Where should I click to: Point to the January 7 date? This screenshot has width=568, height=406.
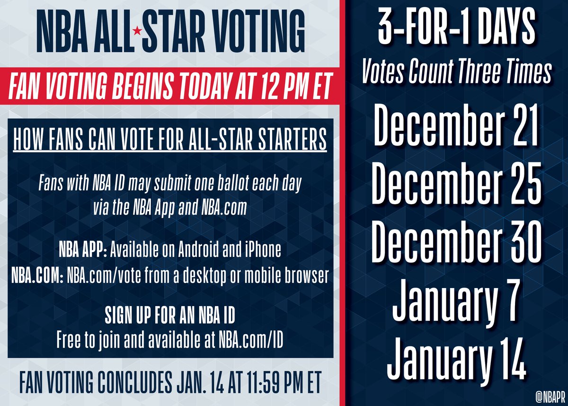(x=456, y=300)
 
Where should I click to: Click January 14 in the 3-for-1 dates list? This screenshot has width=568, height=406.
(x=456, y=358)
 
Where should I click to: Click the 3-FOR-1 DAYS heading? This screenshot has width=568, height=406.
(x=455, y=31)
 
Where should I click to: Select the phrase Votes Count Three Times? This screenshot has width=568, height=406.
(x=455, y=73)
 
